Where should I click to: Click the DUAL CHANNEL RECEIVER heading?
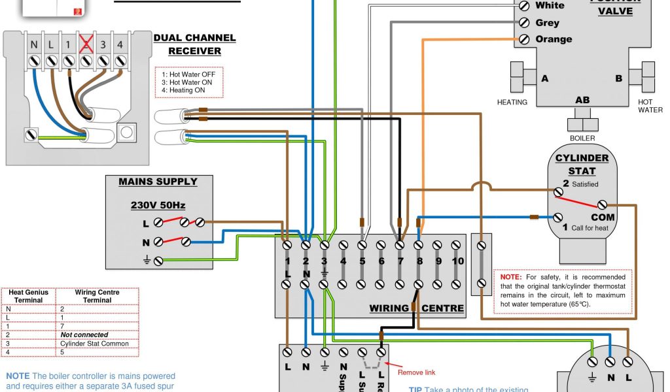coord(194,44)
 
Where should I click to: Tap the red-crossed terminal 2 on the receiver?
coord(84,45)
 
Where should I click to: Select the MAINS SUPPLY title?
coord(158,182)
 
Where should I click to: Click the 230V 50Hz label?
coord(158,205)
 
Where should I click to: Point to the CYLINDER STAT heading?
coord(582,165)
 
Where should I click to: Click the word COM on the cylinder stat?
coord(603,217)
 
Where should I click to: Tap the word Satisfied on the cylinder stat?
coord(585,184)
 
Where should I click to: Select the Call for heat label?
coord(589,228)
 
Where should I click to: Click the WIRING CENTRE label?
coord(417,308)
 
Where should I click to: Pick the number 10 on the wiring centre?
coord(457,261)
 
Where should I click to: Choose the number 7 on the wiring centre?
coord(400,261)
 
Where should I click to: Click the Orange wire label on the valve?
coord(554,39)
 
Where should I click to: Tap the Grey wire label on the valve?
coord(547,23)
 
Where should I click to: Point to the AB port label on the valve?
coord(582,101)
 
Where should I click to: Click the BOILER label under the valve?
coord(582,139)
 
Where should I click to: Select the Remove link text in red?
coord(416,372)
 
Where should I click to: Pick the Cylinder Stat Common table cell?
coord(94,344)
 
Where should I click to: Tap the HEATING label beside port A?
coord(512,103)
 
